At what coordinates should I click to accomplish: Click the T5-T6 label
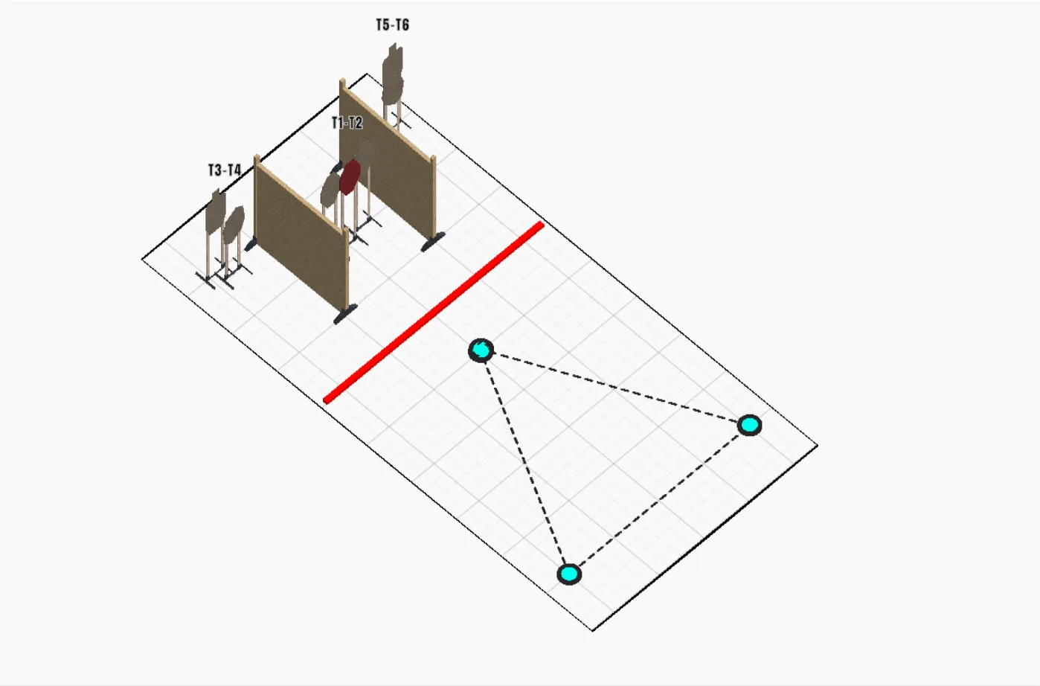point(392,25)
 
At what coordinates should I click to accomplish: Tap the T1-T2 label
point(347,123)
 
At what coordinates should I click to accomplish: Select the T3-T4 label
point(224,170)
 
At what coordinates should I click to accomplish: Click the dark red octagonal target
point(350,176)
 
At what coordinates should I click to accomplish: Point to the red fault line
point(434,313)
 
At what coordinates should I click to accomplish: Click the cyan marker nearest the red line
point(481,350)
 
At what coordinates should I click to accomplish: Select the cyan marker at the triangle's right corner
point(749,425)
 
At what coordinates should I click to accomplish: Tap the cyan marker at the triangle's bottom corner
point(569,574)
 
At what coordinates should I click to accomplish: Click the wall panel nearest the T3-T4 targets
point(301,235)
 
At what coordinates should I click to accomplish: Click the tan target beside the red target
point(330,189)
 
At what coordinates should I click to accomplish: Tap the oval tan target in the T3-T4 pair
point(234,225)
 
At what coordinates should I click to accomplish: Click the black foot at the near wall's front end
point(345,314)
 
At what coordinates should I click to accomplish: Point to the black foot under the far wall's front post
point(433,242)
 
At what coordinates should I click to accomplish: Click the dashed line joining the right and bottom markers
point(659,500)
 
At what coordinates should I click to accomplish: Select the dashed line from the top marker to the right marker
point(615,388)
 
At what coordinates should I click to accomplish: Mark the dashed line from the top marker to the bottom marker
point(524,462)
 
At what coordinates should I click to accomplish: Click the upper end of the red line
point(541,225)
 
